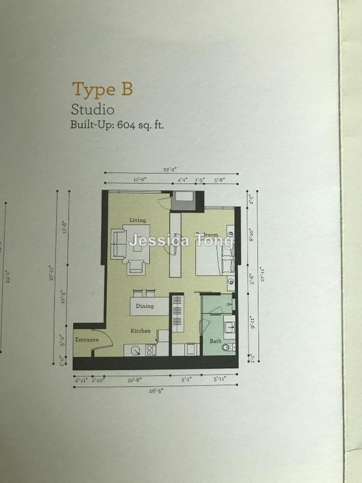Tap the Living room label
coord(137,220)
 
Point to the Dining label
coord(144,306)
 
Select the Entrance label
coord(86,341)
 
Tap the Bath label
coord(216,342)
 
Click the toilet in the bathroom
coord(227,348)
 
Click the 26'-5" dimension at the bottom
coord(155,391)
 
